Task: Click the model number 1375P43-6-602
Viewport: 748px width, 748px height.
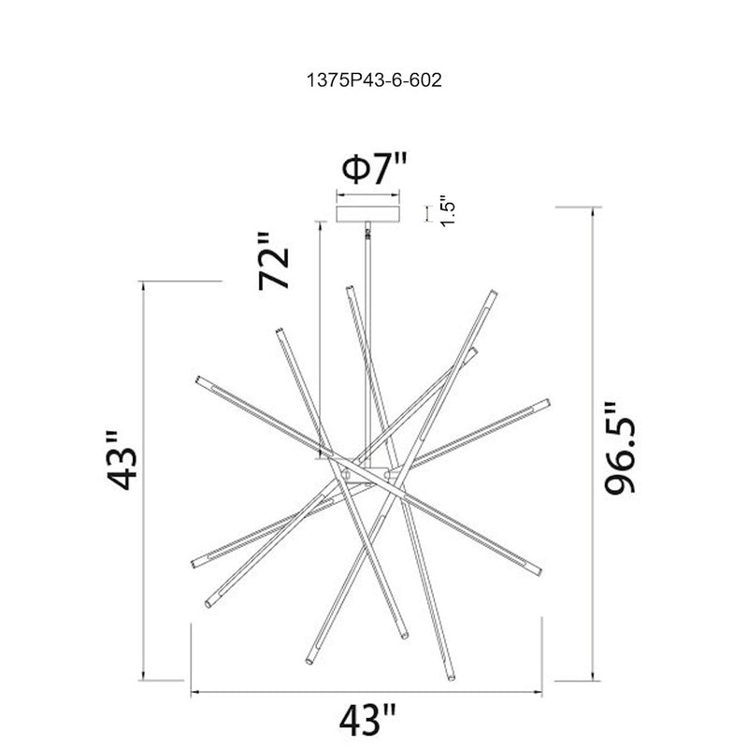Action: (374, 80)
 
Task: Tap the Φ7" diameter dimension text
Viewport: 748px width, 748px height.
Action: (375, 168)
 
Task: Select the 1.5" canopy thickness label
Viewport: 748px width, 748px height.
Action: (448, 210)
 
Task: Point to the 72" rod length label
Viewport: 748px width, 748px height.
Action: (274, 262)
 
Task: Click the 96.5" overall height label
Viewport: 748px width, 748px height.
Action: (620, 448)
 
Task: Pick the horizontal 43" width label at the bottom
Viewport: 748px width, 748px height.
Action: (367, 719)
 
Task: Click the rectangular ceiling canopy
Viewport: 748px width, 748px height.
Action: (367, 214)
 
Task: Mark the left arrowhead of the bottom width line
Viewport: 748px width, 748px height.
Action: (194, 692)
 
